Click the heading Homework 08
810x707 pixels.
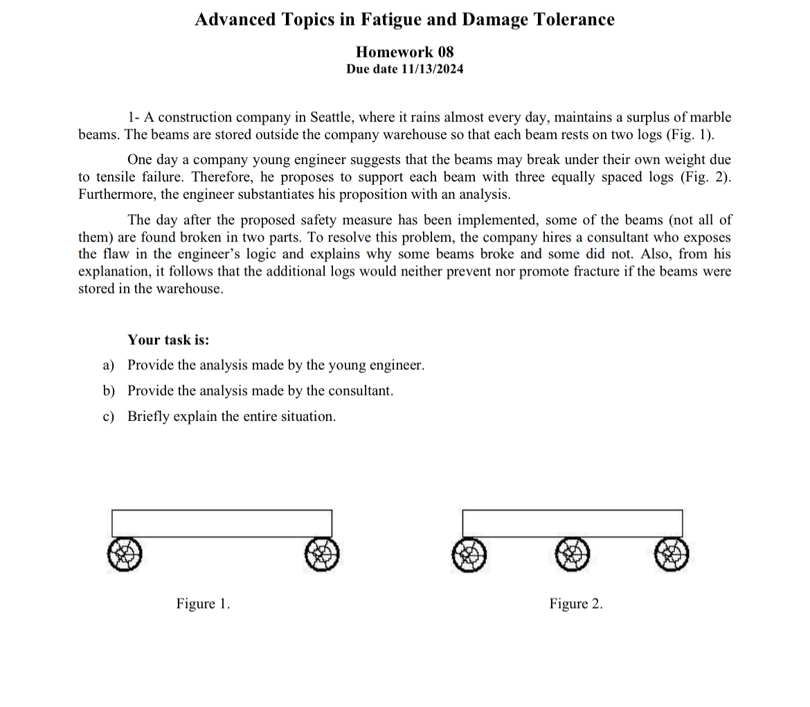[404, 52]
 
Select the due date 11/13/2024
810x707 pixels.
[432, 69]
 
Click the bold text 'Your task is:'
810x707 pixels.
[168, 340]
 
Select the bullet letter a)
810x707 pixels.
[109, 365]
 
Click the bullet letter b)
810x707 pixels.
[109, 391]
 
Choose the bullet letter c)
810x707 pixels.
[109, 416]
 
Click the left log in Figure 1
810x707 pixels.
[125, 555]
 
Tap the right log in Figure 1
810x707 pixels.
[322, 555]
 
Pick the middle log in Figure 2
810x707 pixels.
[572, 555]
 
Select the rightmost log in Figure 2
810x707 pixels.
[672, 555]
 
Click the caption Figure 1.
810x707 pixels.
[203, 604]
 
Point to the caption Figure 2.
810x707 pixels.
[576, 604]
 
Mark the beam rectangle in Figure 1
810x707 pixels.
[222, 523]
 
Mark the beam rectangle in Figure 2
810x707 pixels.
[572, 523]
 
